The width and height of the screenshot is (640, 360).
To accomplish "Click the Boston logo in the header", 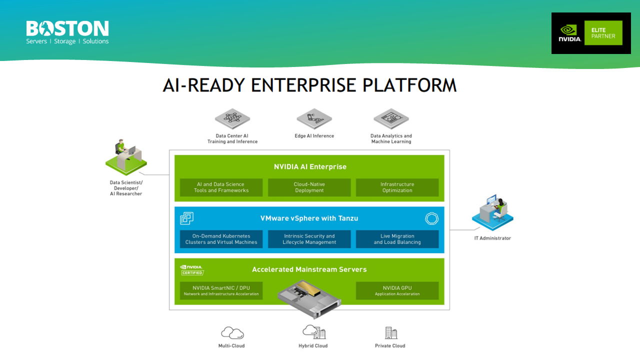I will [67, 32].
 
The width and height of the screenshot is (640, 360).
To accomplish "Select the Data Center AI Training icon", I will [232, 119].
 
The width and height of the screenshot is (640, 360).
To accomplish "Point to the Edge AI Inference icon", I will [314, 119].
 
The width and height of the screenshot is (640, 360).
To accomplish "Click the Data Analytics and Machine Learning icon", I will [391, 119].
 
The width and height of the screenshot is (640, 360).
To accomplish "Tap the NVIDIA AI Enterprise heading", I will [309, 166].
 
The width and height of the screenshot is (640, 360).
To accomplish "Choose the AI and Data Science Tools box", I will [221, 187].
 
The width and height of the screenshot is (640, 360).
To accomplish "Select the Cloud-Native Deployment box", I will [309, 187].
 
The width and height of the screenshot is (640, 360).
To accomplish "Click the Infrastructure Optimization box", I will [397, 187].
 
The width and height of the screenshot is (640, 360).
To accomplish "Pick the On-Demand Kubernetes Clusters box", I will [221, 239].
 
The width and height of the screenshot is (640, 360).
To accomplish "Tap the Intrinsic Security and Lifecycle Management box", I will [309, 239].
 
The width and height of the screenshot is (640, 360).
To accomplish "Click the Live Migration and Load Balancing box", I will [397, 239].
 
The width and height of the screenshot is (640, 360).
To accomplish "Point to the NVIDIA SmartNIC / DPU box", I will [221, 290].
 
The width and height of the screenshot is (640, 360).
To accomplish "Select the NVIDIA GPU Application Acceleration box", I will [397, 290].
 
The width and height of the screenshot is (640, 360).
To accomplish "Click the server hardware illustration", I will [309, 297].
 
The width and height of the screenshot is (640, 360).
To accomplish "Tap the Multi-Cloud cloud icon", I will [232, 333].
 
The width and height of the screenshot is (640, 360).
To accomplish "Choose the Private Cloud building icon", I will [390, 332].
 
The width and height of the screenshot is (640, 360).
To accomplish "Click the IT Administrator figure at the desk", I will [492, 212].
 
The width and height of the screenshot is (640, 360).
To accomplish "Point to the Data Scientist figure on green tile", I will [126, 156].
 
